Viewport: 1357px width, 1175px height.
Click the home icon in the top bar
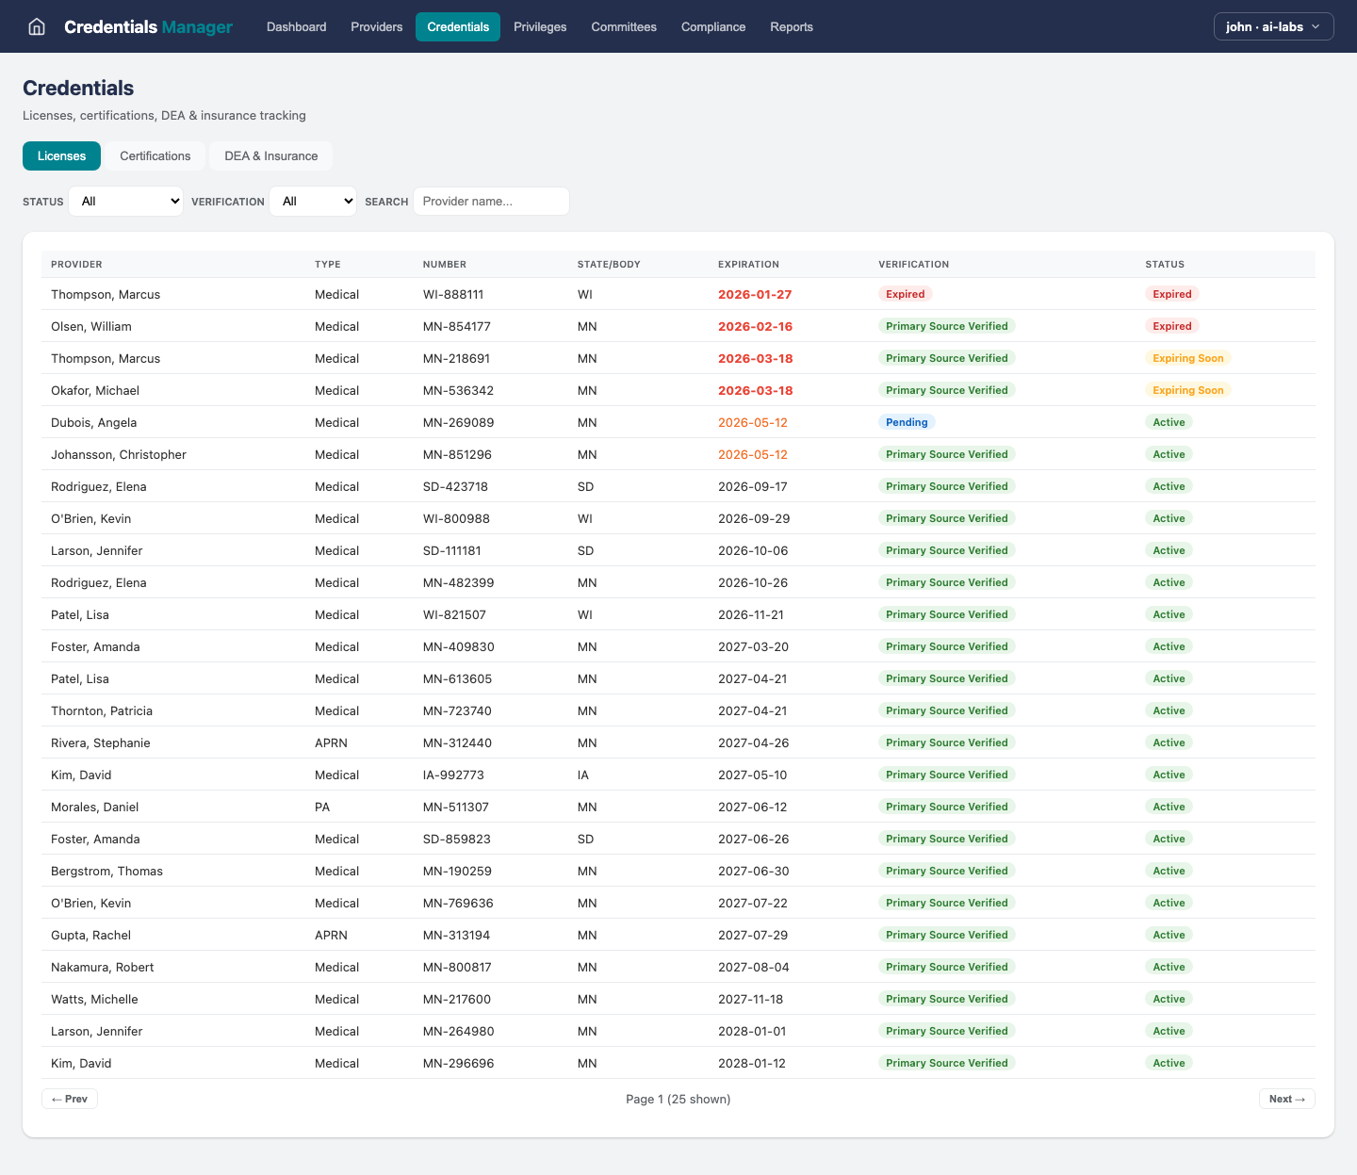(37, 26)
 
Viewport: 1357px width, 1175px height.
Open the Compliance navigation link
(712, 26)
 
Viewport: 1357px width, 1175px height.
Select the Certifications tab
(155, 155)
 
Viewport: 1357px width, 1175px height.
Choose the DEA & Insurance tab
(270, 155)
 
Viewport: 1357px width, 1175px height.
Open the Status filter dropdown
(126, 201)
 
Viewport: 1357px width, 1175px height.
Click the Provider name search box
(491, 201)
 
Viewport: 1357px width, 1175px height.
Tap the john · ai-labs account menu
(1273, 26)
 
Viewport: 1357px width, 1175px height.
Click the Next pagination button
(1286, 1099)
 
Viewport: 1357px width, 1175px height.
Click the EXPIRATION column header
(748, 264)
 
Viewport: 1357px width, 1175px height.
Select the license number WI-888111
(453, 294)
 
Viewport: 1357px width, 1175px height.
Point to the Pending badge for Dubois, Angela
(907, 422)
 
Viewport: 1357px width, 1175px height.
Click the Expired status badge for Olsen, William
(1171, 326)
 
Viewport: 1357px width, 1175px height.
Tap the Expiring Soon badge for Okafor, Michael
(1187, 390)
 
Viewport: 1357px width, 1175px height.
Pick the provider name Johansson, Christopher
(119, 454)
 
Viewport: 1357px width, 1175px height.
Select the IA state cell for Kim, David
(582, 775)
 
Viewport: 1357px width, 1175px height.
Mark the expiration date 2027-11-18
(750, 999)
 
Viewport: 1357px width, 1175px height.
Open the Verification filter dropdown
(313, 201)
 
